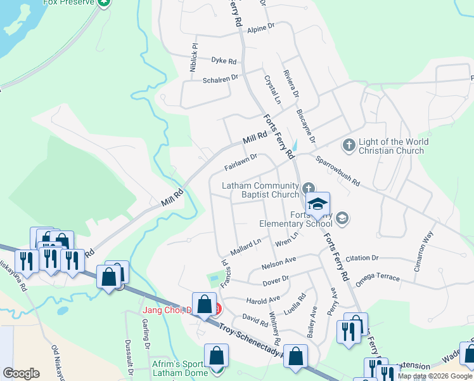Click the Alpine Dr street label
pyautogui.click(x=260, y=29)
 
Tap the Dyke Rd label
pyautogui.click(x=224, y=61)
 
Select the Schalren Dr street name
pyautogui.click(x=220, y=78)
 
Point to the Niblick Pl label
pyautogui.click(x=195, y=57)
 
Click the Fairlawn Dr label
pyautogui.click(x=241, y=163)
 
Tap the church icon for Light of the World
pyautogui.click(x=349, y=145)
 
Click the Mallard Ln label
pyautogui.click(x=245, y=247)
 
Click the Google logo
pyautogui.click(x=21, y=373)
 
